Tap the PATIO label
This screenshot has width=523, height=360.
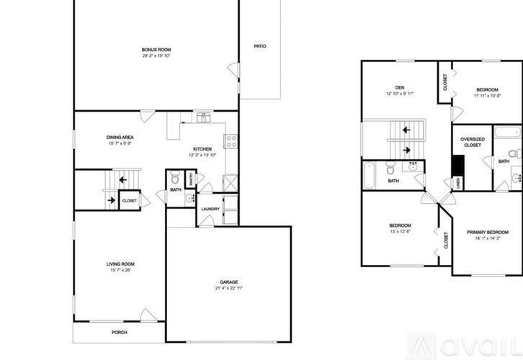[x=260, y=46]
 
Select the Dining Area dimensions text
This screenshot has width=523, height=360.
[x=120, y=143]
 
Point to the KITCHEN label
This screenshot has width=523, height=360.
[x=202, y=148]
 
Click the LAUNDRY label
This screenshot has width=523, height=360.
[x=210, y=210]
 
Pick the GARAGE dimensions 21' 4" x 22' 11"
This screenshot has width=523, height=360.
[x=229, y=288]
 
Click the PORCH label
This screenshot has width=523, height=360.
[x=119, y=332]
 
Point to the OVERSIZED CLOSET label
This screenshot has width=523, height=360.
[x=472, y=142]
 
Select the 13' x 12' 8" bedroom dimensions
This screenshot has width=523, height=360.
[x=400, y=231]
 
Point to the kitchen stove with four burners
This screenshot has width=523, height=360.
[x=232, y=141]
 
